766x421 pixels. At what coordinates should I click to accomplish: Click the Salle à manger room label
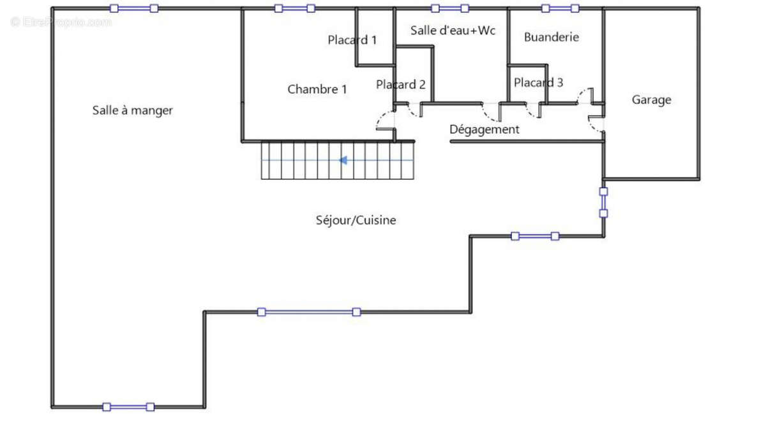click(132, 110)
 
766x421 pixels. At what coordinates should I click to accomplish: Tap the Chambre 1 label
click(317, 89)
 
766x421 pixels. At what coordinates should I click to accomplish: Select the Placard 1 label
click(352, 40)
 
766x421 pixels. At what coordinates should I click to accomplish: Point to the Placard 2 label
click(400, 84)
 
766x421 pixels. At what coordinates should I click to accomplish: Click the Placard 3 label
click(538, 82)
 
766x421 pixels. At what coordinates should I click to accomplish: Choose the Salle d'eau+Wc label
click(453, 30)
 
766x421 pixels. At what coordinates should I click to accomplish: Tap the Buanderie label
click(551, 37)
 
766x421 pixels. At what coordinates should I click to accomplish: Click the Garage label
click(651, 100)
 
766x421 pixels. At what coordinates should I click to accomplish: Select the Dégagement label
click(484, 129)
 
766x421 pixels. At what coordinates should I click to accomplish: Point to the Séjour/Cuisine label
click(356, 220)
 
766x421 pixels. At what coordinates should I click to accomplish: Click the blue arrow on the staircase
click(343, 160)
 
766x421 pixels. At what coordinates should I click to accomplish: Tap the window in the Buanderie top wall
click(560, 8)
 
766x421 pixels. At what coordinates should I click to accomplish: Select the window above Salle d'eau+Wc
click(449, 8)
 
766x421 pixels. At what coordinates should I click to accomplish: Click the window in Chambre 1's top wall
click(294, 8)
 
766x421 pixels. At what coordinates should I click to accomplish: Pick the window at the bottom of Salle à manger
click(128, 406)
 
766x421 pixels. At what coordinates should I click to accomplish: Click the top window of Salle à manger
click(134, 8)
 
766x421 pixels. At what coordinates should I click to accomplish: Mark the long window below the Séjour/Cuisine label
click(308, 312)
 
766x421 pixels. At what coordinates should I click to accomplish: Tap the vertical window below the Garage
click(603, 202)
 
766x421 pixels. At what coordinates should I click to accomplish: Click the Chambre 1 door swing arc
click(384, 119)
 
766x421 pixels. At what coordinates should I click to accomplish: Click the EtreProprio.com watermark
click(61, 22)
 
